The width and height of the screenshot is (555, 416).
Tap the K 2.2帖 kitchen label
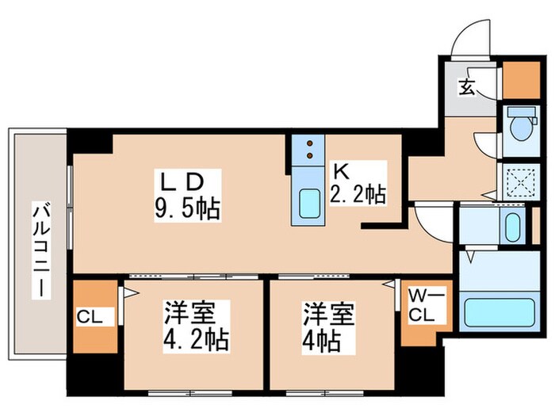358,184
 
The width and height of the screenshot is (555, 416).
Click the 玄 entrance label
467,86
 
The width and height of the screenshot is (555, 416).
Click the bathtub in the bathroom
499,312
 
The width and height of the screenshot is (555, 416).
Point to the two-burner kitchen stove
307,151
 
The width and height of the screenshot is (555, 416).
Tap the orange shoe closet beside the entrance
520,76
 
